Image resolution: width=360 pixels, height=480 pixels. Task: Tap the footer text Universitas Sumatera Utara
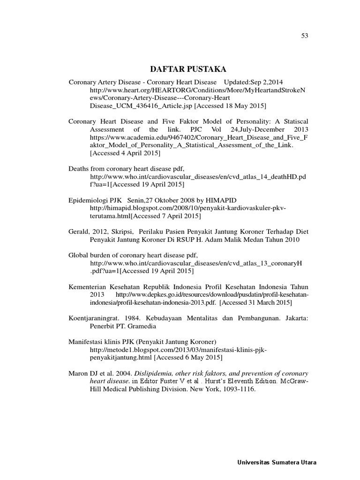click(276, 463)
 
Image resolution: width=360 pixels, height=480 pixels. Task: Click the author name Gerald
click(79, 232)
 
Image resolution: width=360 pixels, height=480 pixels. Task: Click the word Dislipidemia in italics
click(156, 373)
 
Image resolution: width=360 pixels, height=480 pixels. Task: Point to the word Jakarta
click(295, 317)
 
